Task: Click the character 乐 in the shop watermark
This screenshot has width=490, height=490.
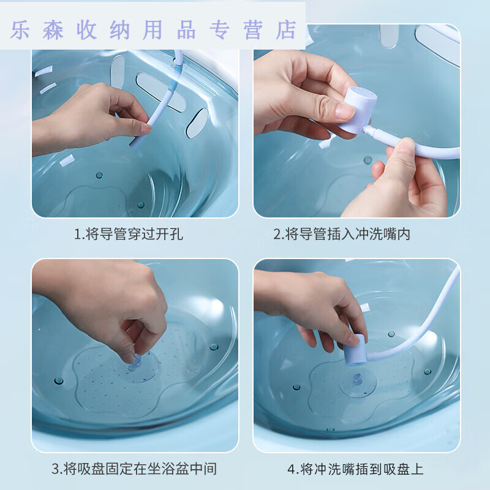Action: click(x=20, y=29)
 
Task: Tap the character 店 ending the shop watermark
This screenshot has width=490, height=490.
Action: click(x=285, y=29)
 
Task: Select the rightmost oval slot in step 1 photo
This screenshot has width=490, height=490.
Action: click(x=197, y=123)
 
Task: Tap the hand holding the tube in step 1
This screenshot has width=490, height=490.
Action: click(x=98, y=116)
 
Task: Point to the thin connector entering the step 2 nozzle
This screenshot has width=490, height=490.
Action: click(x=377, y=132)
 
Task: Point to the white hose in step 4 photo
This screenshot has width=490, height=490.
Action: click(x=429, y=318)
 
